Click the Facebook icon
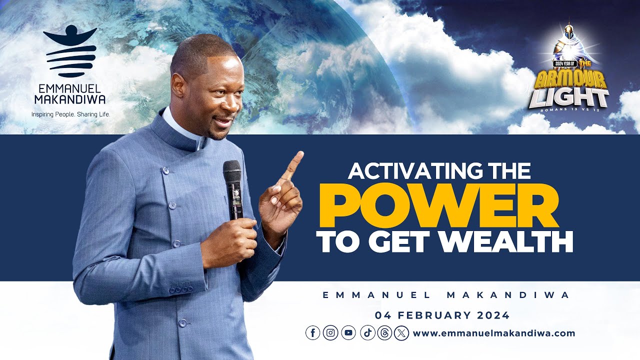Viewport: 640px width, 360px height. pyautogui.click(x=312, y=333)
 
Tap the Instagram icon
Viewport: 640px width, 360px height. pyautogui.click(x=330, y=333)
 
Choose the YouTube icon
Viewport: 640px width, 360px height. pyautogui.click(x=348, y=333)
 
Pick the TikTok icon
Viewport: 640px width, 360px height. pyautogui.click(x=366, y=333)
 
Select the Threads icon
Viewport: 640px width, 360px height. pyautogui.click(x=384, y=333)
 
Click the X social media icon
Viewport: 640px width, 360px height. pyautogui.click(x=401, y=333)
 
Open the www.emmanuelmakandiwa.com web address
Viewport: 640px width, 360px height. pyautogui.click(x=494, y=333)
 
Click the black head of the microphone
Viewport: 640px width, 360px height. pyautogui.click(x=232, y=172)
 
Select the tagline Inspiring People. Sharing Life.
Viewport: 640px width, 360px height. pyautogui.click(x=70, y=114)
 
